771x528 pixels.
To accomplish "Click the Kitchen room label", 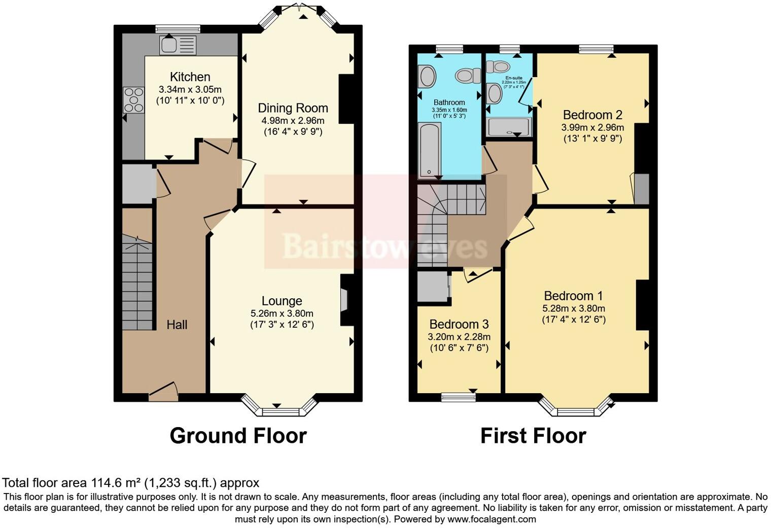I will pyautogui.click(x=190, y=77).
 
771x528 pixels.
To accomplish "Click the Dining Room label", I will pyautogui.click(x=293, y=108).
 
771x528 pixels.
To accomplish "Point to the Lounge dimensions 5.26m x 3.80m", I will pyautogui.click(x=282, y=313).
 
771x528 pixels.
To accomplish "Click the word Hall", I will pyautogui.click(x=177, y=325).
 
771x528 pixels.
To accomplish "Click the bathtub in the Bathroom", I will pyautogui.click(x=429, y=150).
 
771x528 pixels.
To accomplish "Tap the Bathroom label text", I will pyautogui.click(x=449, y=102).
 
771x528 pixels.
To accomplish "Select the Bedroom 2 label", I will pyautogui.click(x=592, y=115).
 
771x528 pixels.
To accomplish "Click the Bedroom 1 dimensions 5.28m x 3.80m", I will pyautogui.click(x=573, y=308).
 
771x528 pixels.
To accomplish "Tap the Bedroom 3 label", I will pyautogui.click(x=459, y=324).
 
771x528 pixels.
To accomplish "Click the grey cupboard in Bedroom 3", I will pyautogui.click(x=431, y=287).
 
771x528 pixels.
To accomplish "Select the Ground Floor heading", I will pyautogui.click(x=238, y=436).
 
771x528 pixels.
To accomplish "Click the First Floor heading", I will pyautogui.click(x=533, y=436).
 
